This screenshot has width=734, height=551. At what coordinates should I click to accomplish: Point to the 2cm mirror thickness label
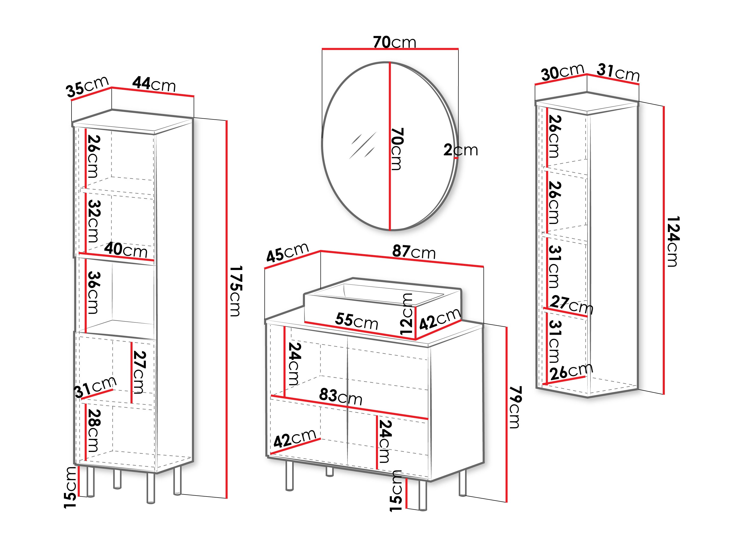coord(460,150)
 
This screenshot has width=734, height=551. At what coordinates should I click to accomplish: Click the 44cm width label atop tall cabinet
coord(154,84)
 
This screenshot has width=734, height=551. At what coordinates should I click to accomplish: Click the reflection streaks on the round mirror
coord(363,145)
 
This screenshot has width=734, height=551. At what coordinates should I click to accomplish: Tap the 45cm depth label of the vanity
coord(287,252)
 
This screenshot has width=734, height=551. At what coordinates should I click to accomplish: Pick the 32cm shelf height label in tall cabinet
coord(93,221)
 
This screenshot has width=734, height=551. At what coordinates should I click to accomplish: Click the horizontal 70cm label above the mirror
coord(394,42)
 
